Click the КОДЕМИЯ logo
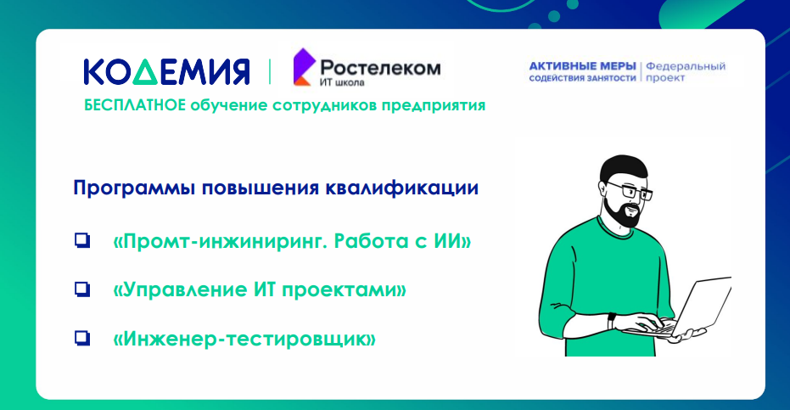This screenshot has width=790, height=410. point(166,71)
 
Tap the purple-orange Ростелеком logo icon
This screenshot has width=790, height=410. point(304,66)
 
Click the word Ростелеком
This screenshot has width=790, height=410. point(380,68)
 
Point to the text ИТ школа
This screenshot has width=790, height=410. point(342,81)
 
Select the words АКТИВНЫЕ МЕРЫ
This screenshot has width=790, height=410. point(582,66)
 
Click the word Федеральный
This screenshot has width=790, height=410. point(686,66)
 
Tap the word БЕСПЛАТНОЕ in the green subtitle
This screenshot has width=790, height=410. point(135,105)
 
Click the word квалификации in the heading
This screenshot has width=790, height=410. point(402,188)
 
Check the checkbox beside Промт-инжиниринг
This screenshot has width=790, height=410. point(82,240)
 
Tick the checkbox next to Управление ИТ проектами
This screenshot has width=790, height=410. point(82,289)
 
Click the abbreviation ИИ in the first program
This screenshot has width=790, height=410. point(448,240)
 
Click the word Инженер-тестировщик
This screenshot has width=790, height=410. point(244,339)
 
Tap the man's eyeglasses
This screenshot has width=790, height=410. point(631,190)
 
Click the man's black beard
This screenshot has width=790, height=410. point(622,212)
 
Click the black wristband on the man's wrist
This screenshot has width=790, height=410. point(611,321)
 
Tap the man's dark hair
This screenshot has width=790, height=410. point(621,168)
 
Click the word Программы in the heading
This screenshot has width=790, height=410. point(134,188)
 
